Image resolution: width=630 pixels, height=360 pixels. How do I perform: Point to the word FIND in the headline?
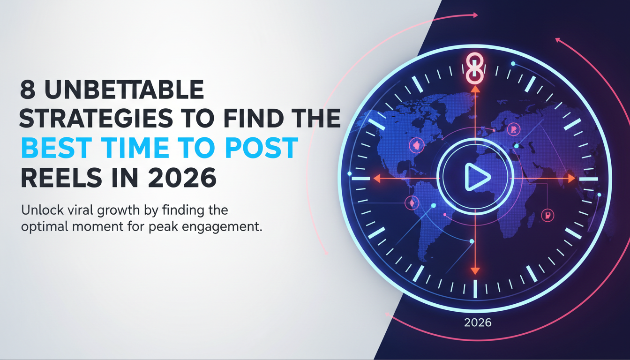[255, 119]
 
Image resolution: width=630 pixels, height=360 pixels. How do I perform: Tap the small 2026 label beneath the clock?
[478, 322]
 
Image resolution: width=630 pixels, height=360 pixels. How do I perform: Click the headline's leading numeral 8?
[29, 90]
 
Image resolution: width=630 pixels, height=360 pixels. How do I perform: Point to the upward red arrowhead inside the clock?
[475, 89]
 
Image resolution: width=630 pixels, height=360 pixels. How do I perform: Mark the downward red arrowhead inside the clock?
[475, 270]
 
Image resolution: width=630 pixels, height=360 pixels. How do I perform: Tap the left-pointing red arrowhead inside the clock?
[376, 179]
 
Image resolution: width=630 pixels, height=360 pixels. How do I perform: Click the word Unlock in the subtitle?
[38, 210]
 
